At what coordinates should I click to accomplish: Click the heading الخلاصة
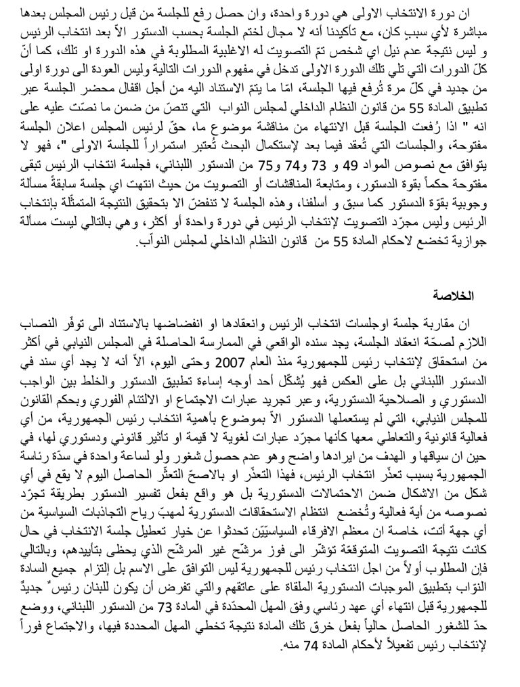(x=457, y=296)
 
